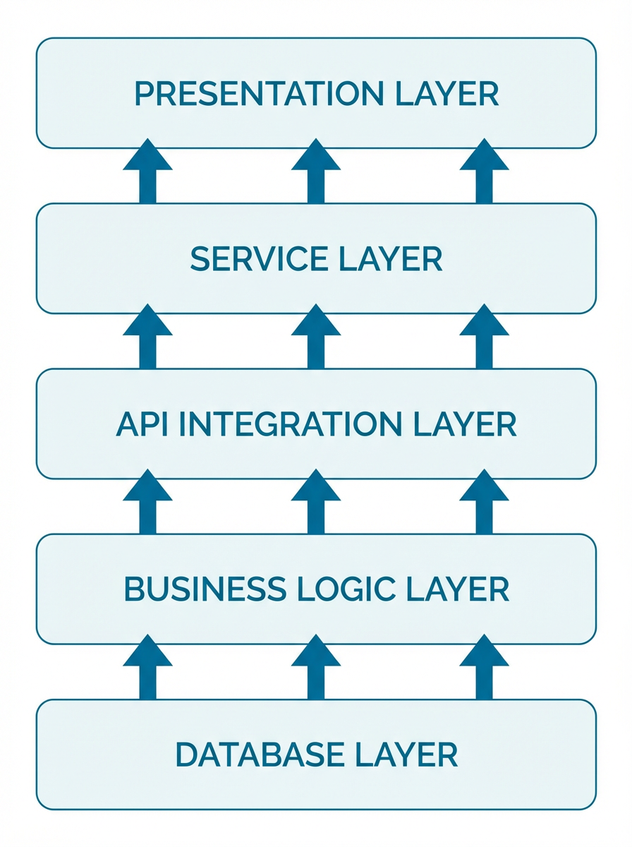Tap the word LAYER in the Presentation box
click(x=458, y=95)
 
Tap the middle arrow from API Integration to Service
click(x=316, y=337)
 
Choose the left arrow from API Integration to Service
click(x=147, y=337)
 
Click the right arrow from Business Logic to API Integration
click(x=484, y=503)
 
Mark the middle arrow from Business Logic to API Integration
click(x=316, y=503)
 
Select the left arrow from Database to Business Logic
click(x=147, y=668)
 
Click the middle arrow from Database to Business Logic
click(x=316, y=668)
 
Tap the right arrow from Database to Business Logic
click(x=484, y=668)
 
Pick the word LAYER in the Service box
click(x=401, y=260)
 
